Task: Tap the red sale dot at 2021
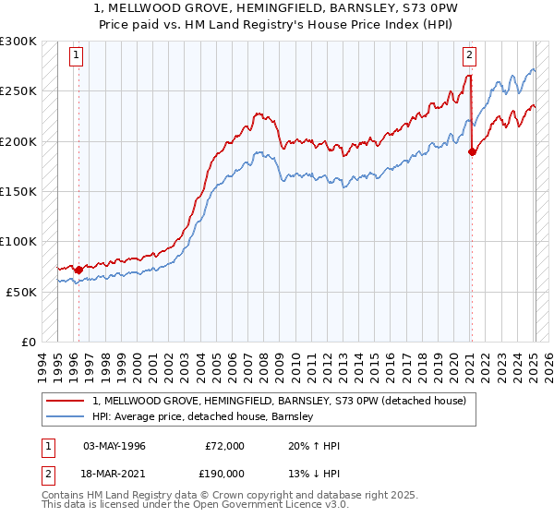tap(472, 152)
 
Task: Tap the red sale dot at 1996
tap(78, 270)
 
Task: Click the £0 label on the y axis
tap(29, 342)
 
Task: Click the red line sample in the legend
tap(66, 401)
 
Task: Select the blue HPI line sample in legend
tap(66, 416)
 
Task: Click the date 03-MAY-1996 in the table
tap(114, 446)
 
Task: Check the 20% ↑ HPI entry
tap(314, 446)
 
